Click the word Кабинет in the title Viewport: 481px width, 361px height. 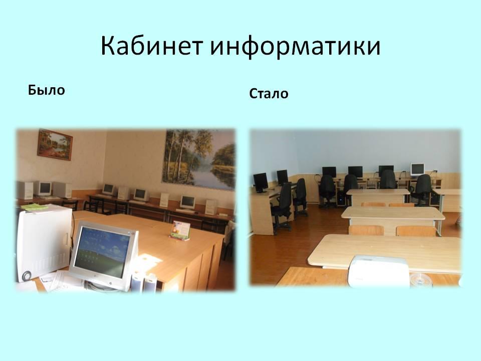click(x=152, y=46)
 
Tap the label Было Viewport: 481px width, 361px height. click(x=46, y=90)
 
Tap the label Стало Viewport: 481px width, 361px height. click(x=269, y=94)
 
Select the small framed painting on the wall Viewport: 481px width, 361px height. click(x=55, y=144)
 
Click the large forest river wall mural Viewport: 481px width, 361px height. click(x=199, y=159)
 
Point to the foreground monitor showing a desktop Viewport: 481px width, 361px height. click(x=104, y=255)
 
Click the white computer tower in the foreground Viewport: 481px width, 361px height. click(x=45, y=243)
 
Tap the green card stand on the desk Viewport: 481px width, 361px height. click(x=180, y=230)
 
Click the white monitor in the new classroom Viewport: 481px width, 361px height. click(x=417, y=170)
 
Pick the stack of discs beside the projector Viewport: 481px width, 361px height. click(x=421, y=279)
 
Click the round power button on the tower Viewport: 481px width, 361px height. click(x=27, y=275)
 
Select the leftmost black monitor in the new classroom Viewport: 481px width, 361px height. click(x=261, y=183)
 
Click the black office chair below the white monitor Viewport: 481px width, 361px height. click(x=422, y=190)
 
